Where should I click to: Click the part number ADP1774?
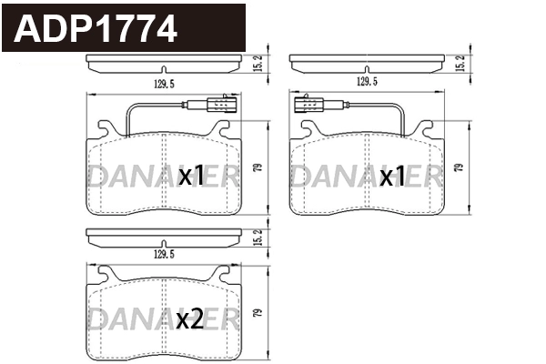pyautogui.click(x=95, y=29)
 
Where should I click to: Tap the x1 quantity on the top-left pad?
pyautogui.click(x=190, y=177)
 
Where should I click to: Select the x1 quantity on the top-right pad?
pyautogui.click(x=392, y=177)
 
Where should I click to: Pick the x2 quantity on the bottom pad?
pyautogui.click(x=190, y=318)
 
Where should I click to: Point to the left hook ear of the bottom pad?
pyautogui.click(x=106, y=273)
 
